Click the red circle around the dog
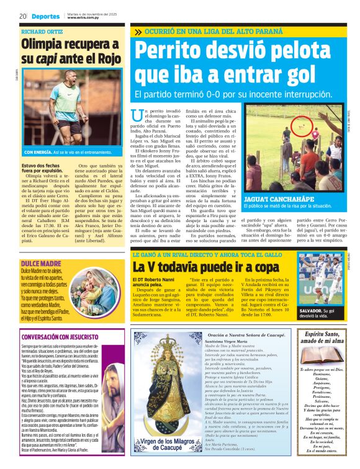(x=286, y=132)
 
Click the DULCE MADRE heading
(x=37, y=247)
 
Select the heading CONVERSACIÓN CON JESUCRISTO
(x=58, y=337)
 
